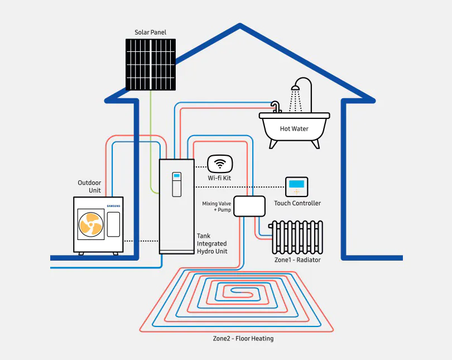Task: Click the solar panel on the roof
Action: tap(150, 64)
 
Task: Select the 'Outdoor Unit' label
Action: tap(89, 187)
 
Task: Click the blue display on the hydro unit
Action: tap(176, 176)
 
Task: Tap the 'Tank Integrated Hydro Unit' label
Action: tap(211, 244)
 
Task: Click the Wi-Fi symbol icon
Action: tap(219, 164)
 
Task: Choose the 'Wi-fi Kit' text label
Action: tap(219, 177)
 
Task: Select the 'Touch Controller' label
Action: tap(297, 203)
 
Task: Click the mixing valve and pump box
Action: tap(249, 206)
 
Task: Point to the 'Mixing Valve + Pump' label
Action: tap(217, 207)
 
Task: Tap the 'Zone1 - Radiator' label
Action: tap(297, 260)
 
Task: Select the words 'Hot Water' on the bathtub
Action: tap(294, 129)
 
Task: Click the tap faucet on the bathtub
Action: tap(275, 106)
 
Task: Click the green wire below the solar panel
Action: tap(151, 140)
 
